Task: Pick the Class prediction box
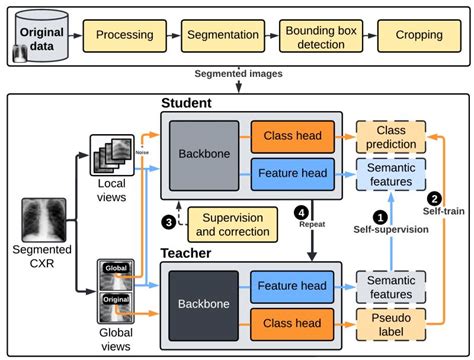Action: pyautogui.click(x=391, y=136)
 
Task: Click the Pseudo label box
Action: pyautogui.click(x=391, y=322)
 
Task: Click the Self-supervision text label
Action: pyautogui.click(x=391, y=231)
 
